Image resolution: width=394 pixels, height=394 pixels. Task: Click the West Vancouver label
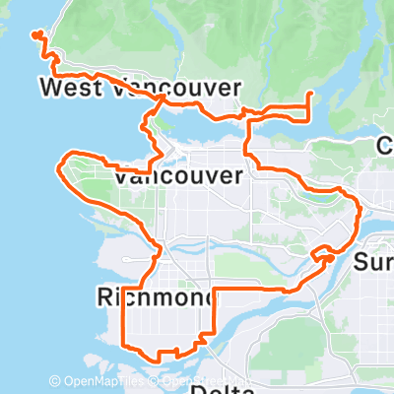click(x=140, y=89)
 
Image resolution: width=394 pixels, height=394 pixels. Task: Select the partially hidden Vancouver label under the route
click(x=178, y=177)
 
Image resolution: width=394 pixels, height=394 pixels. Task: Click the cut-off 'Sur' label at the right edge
click(x=373, y=263)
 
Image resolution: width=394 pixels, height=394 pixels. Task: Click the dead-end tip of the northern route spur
click(x=310, y=95)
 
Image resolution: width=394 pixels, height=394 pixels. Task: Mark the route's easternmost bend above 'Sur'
click(x=361, y=208)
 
